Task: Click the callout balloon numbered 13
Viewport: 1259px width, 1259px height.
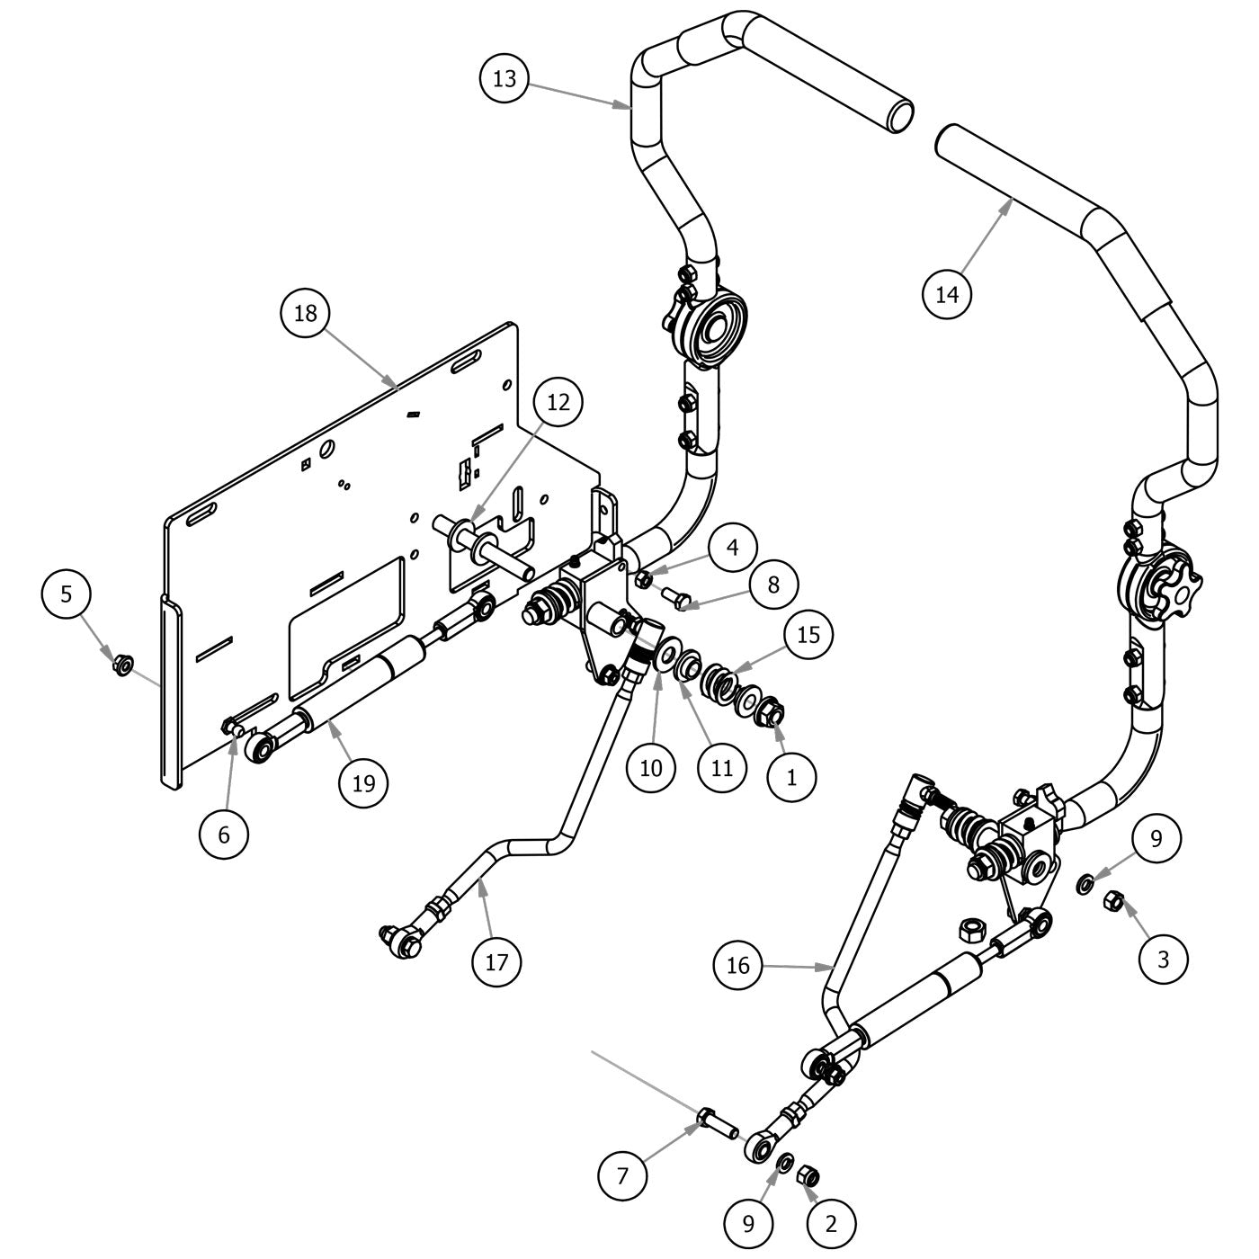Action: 504,78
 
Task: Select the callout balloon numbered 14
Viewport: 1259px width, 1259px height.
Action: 947,293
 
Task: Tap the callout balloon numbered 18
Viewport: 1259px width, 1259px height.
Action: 305,313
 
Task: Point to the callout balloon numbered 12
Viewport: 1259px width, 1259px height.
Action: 558,402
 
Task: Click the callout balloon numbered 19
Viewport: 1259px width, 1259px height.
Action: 362,782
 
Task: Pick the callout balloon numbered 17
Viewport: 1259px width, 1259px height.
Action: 496,961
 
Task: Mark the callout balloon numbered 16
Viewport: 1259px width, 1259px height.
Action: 737,965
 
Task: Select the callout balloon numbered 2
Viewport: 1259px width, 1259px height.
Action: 831,1222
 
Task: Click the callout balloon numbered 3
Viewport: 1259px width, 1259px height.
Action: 1163,959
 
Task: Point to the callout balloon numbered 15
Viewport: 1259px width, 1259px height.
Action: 808,635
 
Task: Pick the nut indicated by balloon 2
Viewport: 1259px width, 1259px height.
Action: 808,1174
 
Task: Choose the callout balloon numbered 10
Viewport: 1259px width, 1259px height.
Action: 651,767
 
